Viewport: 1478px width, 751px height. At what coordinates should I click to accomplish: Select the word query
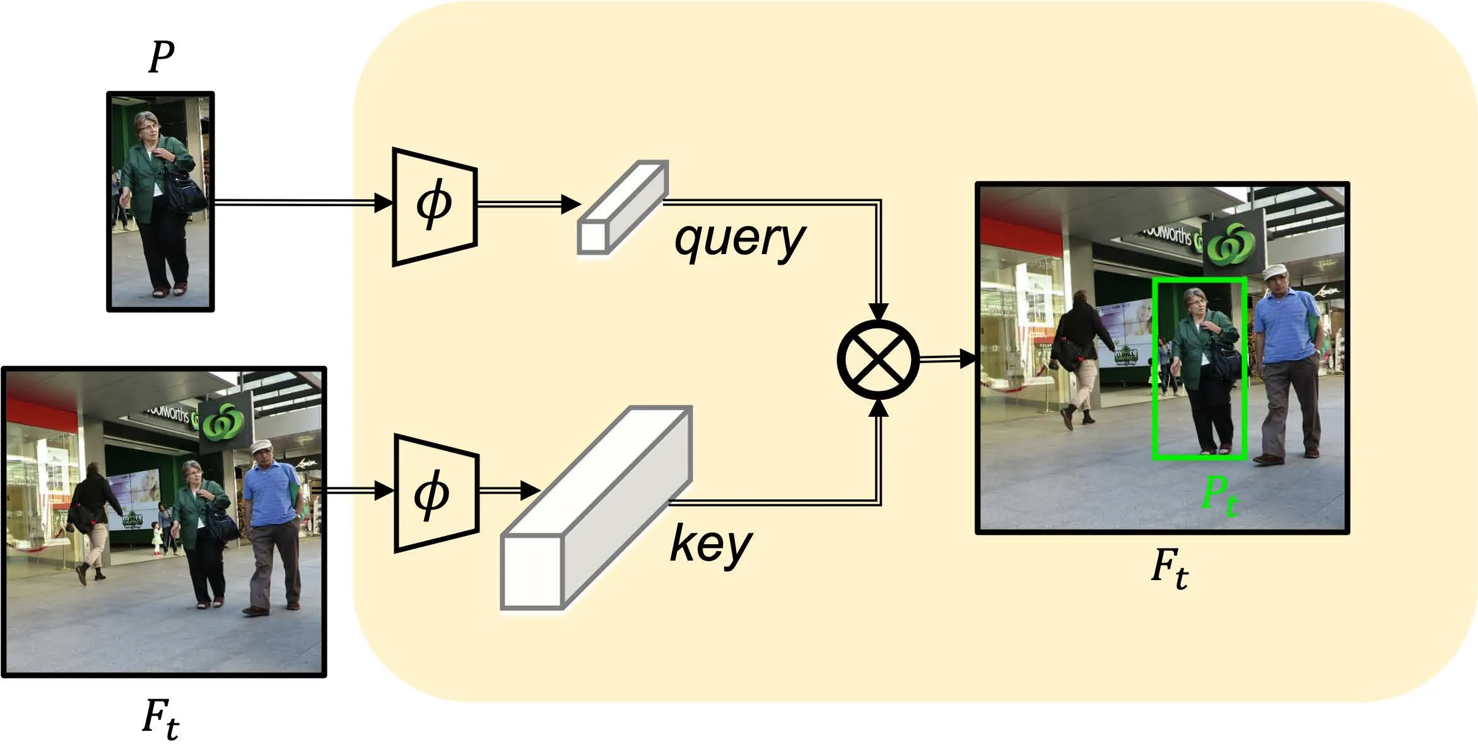click(x=739, y=240)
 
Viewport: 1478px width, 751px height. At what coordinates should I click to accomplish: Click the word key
click(x=710, y=544)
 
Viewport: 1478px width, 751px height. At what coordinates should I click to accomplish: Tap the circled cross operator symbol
click(x=878, y=359)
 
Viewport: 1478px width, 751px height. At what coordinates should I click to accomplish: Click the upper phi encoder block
click(x=435, y=206)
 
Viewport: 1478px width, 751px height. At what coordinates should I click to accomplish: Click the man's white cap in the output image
click(x=1274, y=271)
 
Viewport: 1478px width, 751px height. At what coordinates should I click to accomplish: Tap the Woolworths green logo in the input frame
click(x=222, y=421)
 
